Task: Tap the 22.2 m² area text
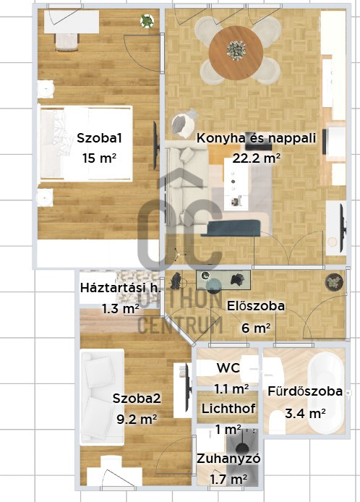pos(257,158)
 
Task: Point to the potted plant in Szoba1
pos(147,22)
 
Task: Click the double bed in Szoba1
pos(85,142)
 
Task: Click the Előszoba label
pos(255,306)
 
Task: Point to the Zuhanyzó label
pos(228,459)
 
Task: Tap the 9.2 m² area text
pos(136,419)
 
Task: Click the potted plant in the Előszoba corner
pos(333,281)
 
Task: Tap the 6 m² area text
pos(255,328)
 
